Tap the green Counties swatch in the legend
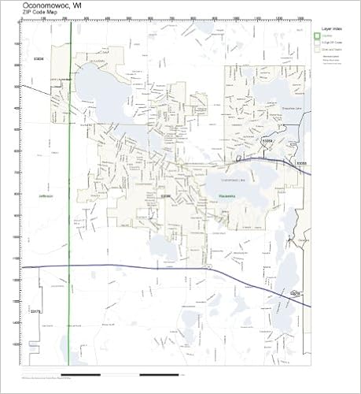coord(318,35)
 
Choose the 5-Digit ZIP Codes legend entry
coord(330,42)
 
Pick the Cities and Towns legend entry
coord(330,49)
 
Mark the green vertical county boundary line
coord(71,236)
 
